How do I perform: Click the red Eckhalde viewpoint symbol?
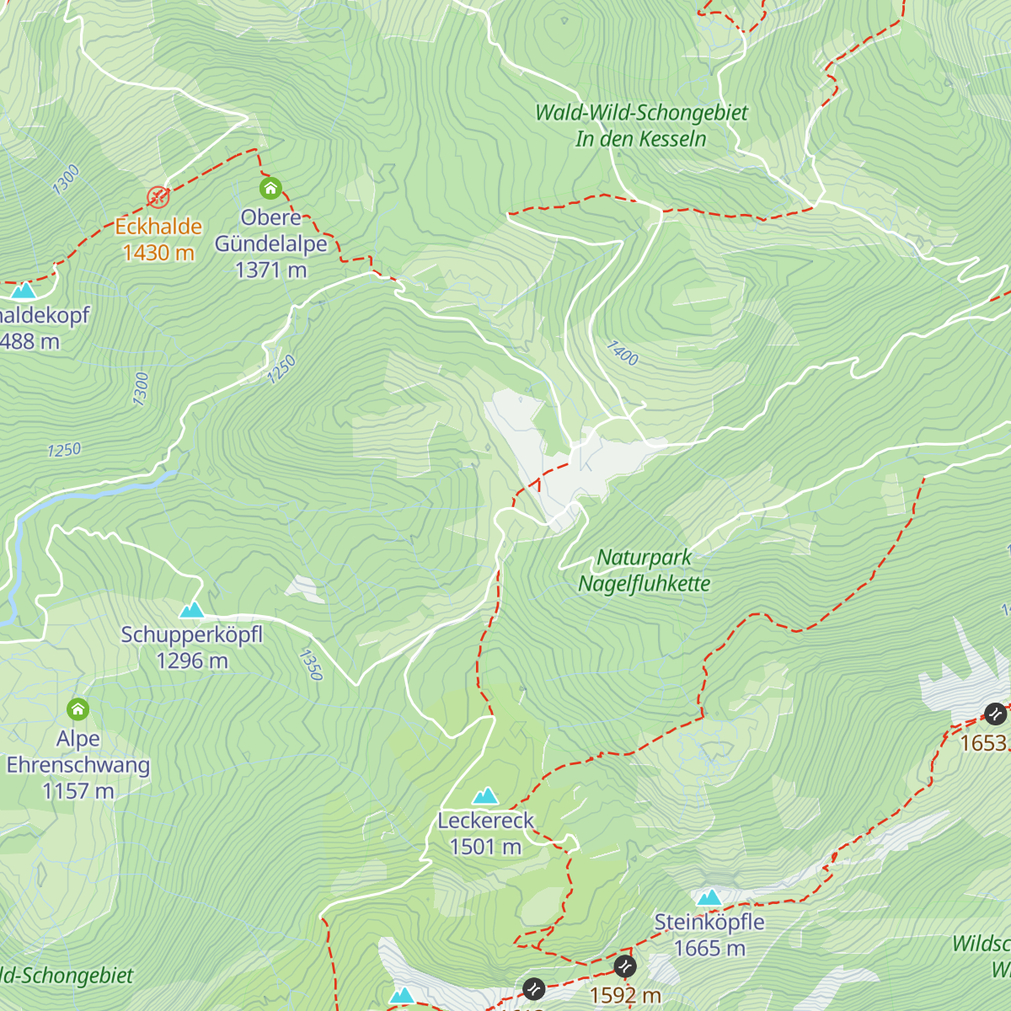point(158,197)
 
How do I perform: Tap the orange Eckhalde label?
point(158,227)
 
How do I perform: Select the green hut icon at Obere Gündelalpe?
point(270,187)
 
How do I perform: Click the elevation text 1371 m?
point(270,270)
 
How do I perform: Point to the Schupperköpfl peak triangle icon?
point(192,609)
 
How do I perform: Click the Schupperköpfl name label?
point(192,634)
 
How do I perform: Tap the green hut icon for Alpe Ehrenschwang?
point(78,709)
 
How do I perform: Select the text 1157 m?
point(78,791)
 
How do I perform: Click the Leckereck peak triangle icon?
point(485,795)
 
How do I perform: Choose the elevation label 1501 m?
point(485,847)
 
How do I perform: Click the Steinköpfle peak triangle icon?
point(709,897)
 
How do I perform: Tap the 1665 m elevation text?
point(709,949)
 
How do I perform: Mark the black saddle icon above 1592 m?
point(624,966)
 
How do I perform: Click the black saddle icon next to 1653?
point(995,714)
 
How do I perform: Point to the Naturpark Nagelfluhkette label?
point(645,570)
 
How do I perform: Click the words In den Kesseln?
point(640,139)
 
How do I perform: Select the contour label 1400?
point(623,352)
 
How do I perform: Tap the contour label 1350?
point(311,664)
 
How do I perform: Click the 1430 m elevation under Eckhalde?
point(158,253)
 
